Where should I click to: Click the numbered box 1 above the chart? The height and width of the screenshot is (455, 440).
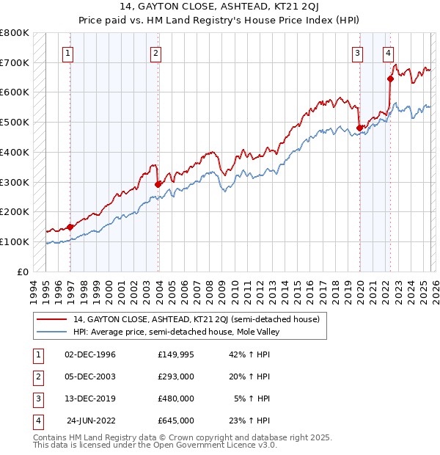point(67,52)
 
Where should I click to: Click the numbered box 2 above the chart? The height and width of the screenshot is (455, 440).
point(156,52)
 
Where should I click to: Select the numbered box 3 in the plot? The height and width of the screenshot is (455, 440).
point(357,52)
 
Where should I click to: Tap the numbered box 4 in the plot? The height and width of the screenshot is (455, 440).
point(387,52)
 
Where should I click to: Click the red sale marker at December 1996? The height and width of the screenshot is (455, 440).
point(70,227)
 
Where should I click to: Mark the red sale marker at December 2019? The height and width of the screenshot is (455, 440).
point(359,128)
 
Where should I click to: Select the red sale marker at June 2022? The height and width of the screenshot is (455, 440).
point(390,79)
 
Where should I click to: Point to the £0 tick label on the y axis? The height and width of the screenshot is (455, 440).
point(22,272)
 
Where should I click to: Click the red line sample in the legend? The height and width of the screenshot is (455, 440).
point(52,319)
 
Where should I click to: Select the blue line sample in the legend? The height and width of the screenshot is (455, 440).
point(52,332)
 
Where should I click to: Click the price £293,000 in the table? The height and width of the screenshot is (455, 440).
point(175,376)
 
